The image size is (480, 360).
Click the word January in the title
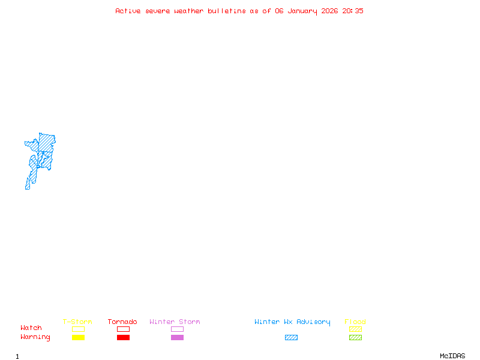point(302,11)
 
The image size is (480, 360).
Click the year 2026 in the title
point(329,11)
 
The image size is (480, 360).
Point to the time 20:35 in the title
point(353,11)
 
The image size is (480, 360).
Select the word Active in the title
point(128,11)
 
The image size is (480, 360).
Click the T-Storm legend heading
point(77,322)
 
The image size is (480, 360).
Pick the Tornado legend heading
point(122,322)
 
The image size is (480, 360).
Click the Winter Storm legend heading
point(175,322)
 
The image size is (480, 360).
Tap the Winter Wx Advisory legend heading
point(292,322)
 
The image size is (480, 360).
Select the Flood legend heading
point(355,322)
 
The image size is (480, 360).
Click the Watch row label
point(31,328)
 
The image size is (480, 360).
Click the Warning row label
point(35,337)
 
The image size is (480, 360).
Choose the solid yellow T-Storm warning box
point(79,337)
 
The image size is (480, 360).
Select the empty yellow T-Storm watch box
point(79,329)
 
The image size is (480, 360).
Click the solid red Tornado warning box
point(124,337)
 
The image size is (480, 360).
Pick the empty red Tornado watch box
point(124,329)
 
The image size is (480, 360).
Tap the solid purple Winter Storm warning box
point(177,337)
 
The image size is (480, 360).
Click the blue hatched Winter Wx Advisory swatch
point(291,337)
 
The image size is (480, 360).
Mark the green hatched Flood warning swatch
point(355,337)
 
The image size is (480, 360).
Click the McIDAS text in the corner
point(452,356)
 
